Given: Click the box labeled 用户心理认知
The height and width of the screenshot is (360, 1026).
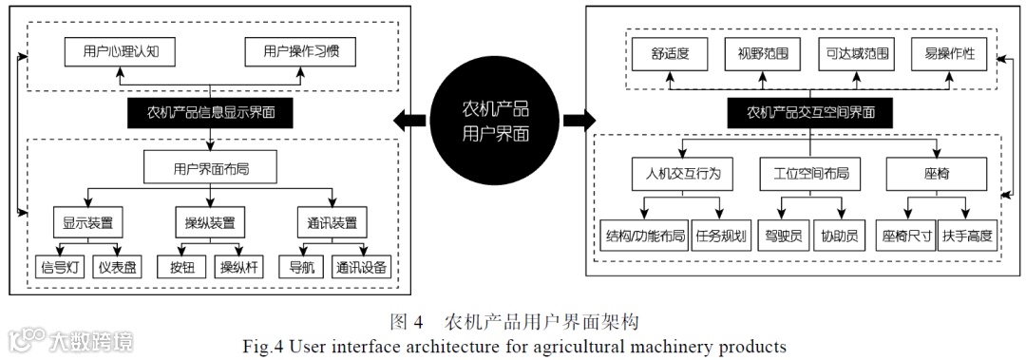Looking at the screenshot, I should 120,51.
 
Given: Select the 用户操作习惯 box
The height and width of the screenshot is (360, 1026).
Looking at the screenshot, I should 300,51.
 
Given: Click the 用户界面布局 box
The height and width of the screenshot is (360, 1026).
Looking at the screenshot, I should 209,169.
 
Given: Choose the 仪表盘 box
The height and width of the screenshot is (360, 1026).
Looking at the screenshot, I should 118,267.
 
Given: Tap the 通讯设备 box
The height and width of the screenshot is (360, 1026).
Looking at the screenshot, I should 361,267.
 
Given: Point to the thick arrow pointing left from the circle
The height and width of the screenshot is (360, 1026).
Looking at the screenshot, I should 408,121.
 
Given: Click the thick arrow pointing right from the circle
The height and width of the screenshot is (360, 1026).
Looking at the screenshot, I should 577,121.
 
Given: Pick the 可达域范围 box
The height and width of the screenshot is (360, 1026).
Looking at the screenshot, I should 854,54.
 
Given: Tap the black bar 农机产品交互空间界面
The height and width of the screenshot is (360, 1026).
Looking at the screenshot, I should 809,113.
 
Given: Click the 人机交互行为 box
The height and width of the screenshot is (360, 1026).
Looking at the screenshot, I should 677,175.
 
